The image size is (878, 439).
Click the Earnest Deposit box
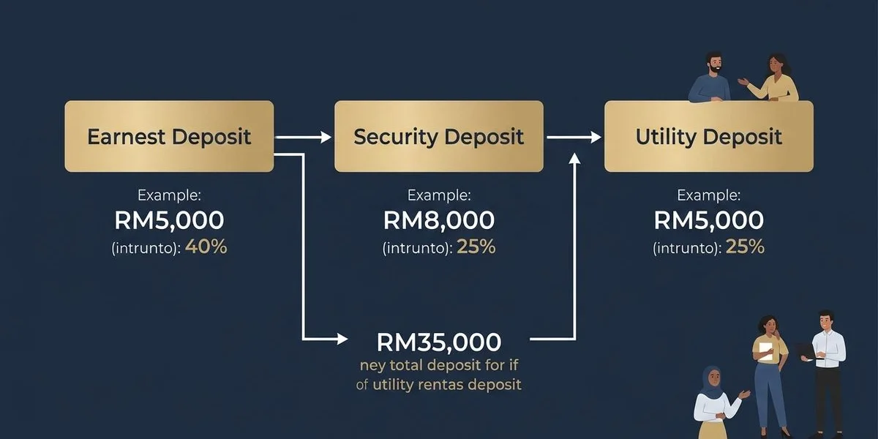(169, 137)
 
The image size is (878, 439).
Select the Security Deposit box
(438, 137)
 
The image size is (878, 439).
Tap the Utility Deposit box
(708, 137)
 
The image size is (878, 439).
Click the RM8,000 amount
(438, 220)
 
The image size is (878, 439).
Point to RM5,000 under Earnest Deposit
(169, 220)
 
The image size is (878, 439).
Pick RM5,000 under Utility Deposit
(708, 220)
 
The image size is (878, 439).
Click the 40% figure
(206, 247)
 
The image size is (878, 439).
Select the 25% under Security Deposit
(476, 247)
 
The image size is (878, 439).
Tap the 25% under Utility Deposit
(745, 247)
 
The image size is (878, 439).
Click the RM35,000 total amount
(438, 342)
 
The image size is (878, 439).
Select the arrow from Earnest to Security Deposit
(304, 137)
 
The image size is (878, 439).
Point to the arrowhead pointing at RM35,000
(341, 339)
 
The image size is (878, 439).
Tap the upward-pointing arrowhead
(574, 160)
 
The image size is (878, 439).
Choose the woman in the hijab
(717, 399)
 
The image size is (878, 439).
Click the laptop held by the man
(803, 352)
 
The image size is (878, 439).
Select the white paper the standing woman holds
(765, 350)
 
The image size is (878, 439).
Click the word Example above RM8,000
(438, 195)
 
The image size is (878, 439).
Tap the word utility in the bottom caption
(398, 384)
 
